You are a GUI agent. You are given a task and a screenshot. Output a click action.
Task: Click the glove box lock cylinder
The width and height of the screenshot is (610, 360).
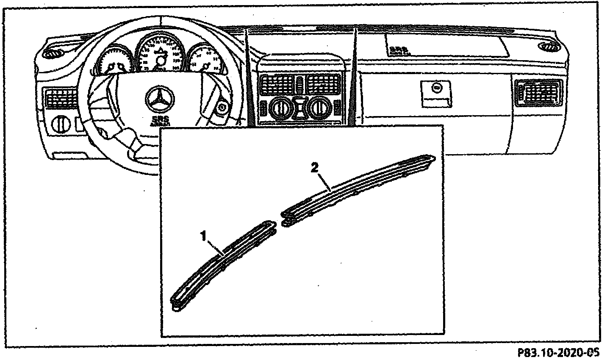[x=435, y=89]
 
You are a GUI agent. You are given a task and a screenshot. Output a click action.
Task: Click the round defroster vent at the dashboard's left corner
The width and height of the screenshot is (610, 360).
[x=52, y=54]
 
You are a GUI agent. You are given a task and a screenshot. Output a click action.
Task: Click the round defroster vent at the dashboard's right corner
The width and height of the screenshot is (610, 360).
[x=550, y=47]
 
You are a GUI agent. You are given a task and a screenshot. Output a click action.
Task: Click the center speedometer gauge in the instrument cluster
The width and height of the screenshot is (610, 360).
[x=161, y=54]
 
